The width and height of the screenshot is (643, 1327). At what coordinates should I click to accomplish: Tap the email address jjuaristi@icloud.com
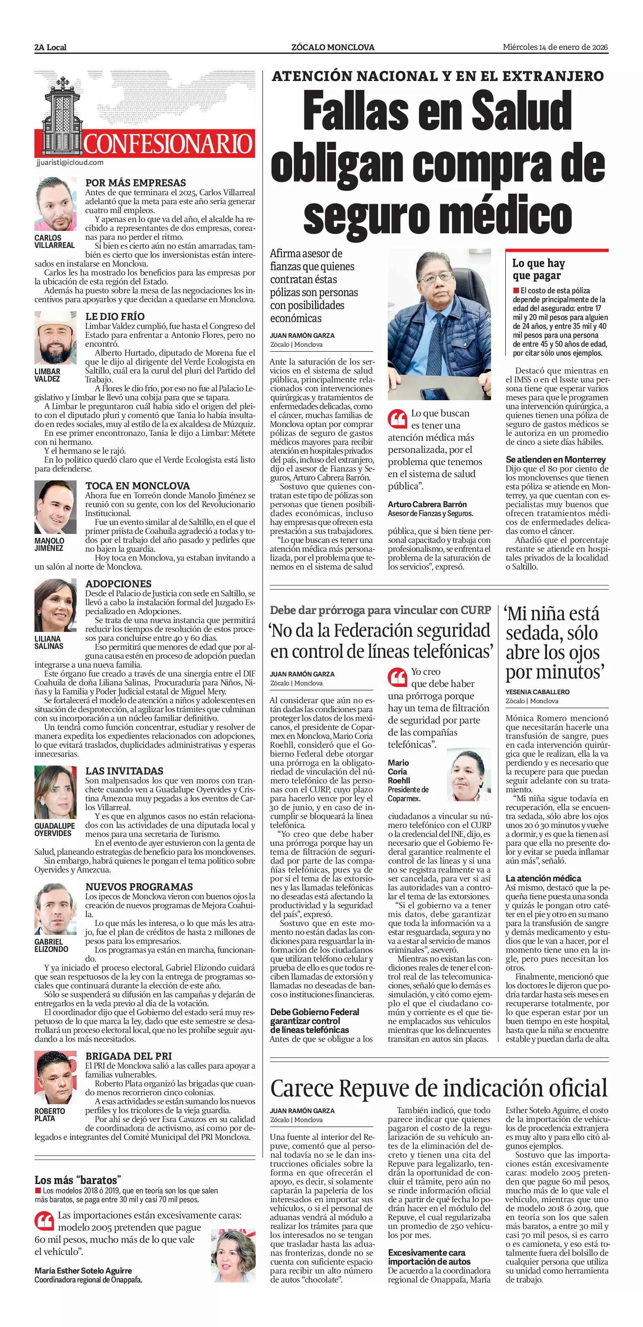click(x=70, y=162)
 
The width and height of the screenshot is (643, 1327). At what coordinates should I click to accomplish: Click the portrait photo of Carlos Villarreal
click(x=56, y=205)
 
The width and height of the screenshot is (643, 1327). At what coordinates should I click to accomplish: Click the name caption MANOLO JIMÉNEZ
click(x=49, y=544)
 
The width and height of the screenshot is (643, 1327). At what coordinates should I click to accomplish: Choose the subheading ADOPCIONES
click(x=118, y=584)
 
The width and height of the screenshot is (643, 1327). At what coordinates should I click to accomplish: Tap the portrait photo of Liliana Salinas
click(x=56, y=605)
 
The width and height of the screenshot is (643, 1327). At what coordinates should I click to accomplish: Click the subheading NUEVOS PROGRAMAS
click(x=139, y=887)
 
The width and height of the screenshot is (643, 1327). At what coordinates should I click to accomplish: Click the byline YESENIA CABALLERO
click(x=537, y=692)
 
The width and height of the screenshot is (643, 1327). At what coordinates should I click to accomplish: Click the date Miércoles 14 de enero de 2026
click(x=555, y=47)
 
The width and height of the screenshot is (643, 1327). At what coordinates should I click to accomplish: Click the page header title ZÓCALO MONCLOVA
click(x=332, y=47)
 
